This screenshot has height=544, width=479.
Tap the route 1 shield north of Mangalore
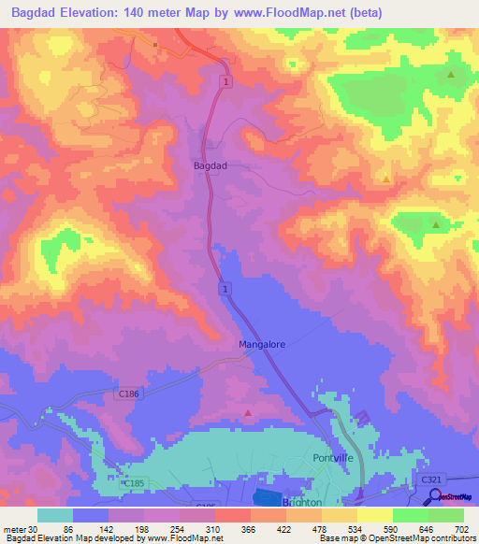point(225,291)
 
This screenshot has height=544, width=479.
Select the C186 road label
point(128,394)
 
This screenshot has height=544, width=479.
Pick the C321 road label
point(430,480)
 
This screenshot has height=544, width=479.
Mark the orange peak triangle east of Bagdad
point(386,178)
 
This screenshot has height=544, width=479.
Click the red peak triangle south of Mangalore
point(248,411)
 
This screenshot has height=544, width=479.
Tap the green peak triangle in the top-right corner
point(451,74)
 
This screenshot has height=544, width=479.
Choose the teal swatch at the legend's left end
point(54,515)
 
